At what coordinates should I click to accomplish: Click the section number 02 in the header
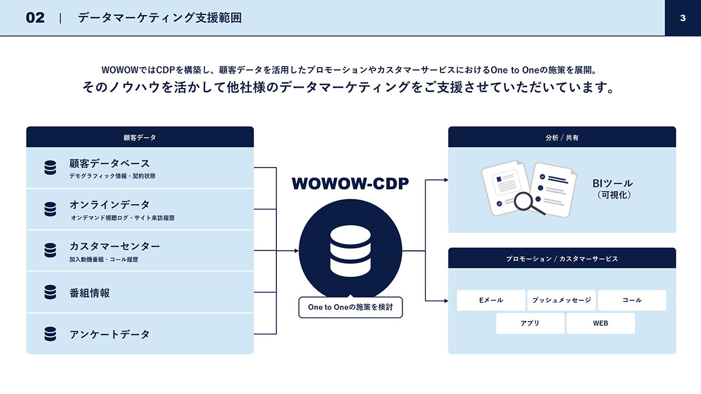point(35,18)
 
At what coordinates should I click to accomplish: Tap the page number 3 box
point(683,18)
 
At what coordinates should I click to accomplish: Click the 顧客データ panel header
point(140,137)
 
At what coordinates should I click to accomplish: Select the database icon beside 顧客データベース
point(50,168)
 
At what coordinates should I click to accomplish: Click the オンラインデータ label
point(110,205)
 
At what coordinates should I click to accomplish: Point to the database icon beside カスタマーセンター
point(50,250)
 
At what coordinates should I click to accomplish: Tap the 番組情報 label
point(89,293)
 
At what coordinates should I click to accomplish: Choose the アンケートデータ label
point(110,334)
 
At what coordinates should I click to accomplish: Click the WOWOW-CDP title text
point(350,183)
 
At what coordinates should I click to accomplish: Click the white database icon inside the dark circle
point(350,251)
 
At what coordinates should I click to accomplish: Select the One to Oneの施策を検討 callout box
point(350,307)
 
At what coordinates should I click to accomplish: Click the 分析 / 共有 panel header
point(562,137)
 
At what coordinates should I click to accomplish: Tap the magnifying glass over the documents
point(528,203)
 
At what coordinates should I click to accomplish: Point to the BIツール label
point(612,183)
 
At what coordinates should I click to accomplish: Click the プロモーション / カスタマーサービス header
point(562,258)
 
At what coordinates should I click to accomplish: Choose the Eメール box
point(491,300)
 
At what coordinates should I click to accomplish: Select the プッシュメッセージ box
point(561,300)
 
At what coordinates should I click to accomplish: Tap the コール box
point(632,300)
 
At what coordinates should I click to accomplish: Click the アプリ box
point(530,323)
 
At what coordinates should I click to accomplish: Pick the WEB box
point(601,323)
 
